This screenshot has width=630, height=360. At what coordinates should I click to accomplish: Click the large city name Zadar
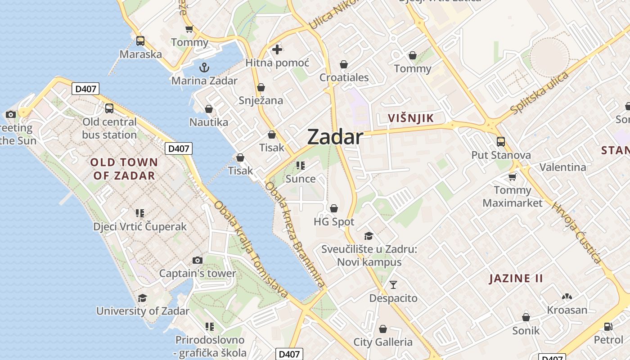point(335,137)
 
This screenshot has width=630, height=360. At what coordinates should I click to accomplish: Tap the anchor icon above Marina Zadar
point(204,68)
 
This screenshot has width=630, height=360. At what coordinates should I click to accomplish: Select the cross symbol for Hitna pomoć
point(277,49)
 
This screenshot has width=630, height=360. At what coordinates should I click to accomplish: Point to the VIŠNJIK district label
point(411,118)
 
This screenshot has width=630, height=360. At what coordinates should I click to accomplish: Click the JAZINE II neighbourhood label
point(516,278)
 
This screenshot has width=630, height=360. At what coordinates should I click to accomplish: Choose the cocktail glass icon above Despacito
point(393,284)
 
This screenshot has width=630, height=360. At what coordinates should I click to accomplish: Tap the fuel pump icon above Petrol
point(608,326)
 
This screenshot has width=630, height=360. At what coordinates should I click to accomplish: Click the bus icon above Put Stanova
point(501,142)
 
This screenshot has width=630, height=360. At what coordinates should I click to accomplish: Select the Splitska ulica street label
point(540,92)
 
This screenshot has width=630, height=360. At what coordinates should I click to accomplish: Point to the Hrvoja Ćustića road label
point(577,233)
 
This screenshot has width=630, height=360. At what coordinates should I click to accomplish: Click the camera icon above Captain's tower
point(197,260)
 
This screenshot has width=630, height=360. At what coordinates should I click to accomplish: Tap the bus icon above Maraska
point(140,41)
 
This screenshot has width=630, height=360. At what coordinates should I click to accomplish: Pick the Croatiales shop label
point(344,77)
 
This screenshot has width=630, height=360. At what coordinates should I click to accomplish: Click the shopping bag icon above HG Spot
point(334,208)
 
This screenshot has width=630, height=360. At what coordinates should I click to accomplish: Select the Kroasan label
point(567,310)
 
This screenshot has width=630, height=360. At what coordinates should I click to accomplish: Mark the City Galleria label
point(383,342)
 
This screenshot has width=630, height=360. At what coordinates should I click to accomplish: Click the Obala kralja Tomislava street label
point(251,249)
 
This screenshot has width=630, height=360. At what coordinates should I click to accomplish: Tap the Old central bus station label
point(109,128)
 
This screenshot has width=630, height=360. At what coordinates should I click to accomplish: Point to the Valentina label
point(563,167)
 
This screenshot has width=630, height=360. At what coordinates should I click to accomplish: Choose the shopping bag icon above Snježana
point(261,87)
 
